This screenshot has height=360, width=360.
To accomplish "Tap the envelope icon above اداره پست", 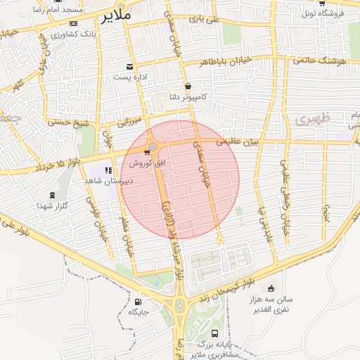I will point(131,66).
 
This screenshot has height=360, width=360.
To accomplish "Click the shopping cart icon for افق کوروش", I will point(147,151).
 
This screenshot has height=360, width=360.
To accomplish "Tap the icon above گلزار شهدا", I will point(51,195).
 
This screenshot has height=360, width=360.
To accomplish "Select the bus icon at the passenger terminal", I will point(214,333).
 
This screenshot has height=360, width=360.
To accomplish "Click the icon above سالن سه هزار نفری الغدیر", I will point(271,288).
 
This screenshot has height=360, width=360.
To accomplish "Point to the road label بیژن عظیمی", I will point(237,142).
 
